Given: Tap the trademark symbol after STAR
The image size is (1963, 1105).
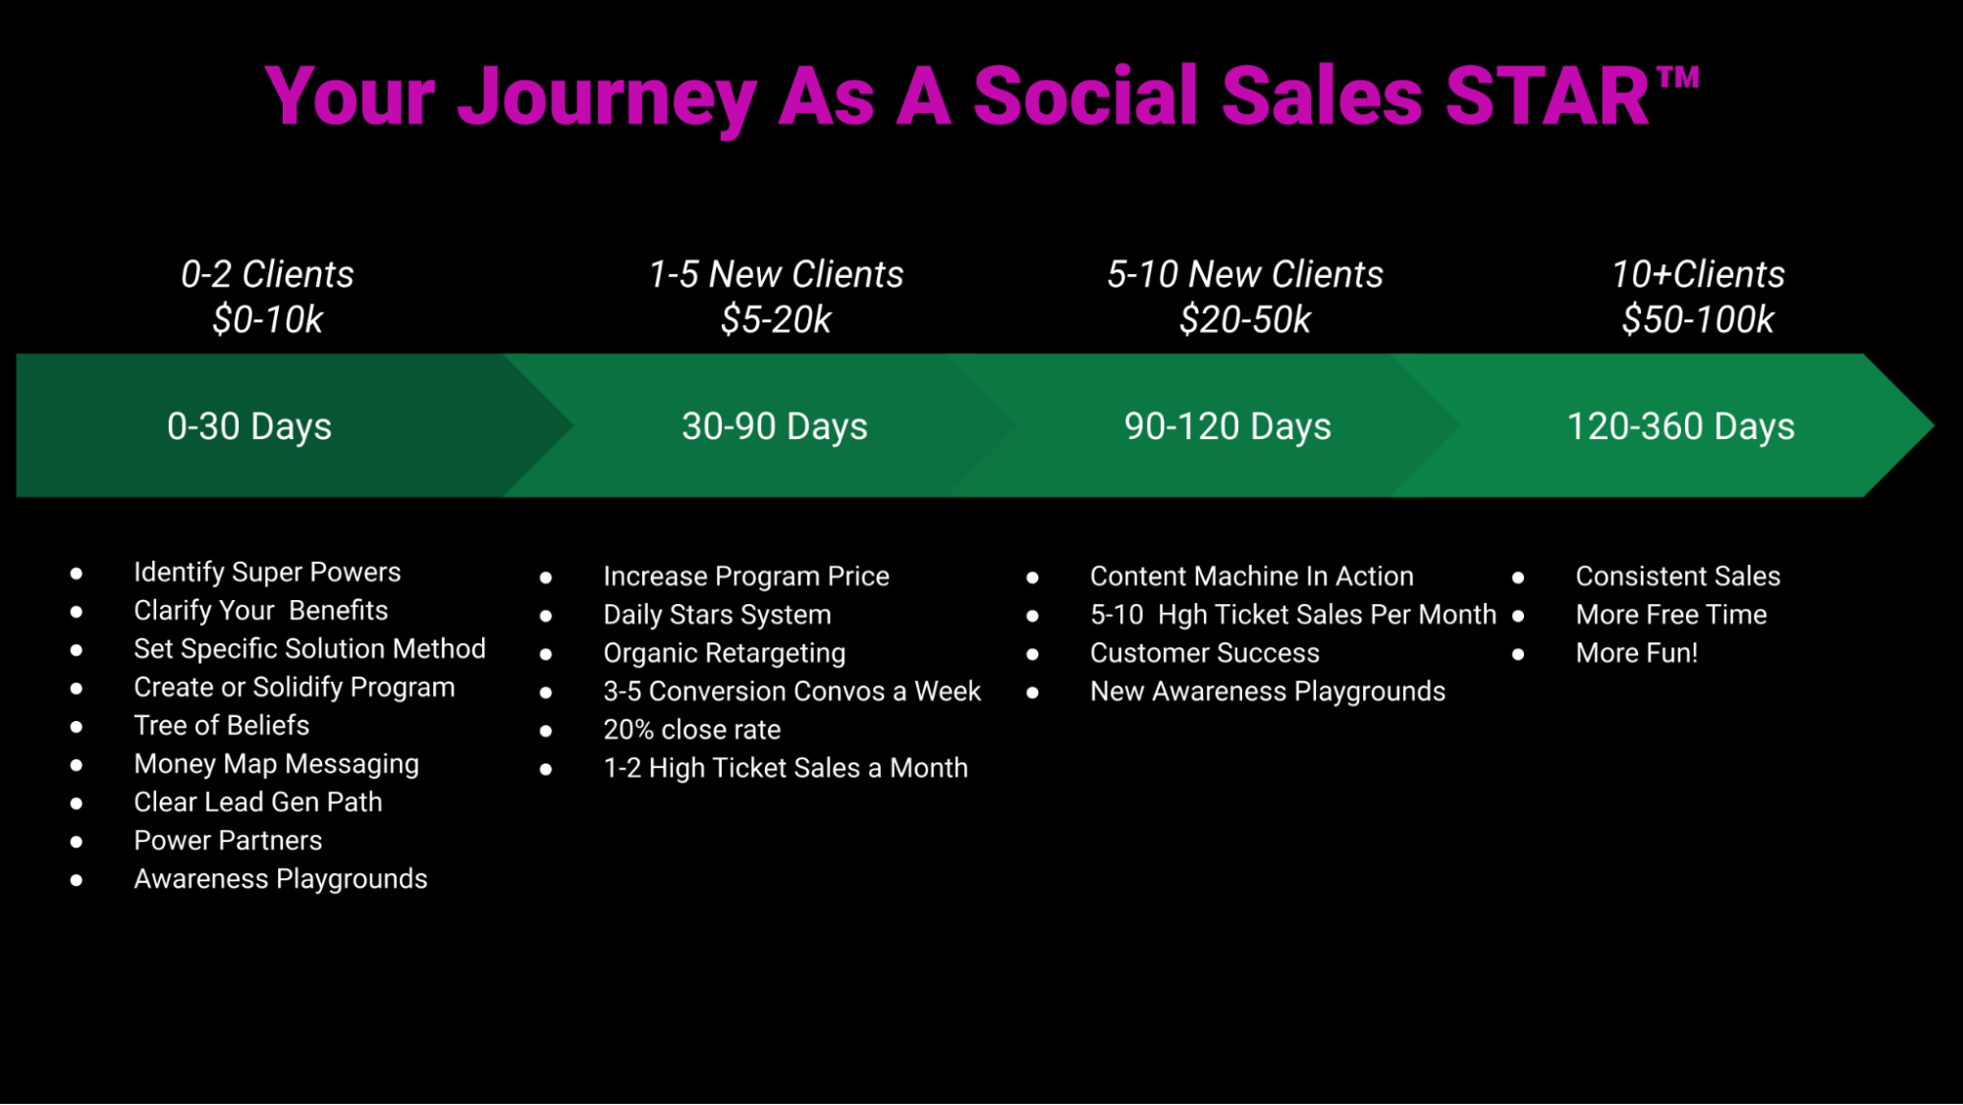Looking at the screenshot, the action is pyautogui.click(x=1678, y=78).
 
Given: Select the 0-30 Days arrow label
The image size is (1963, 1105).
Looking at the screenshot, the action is pyautogui.click(x=249, y=426).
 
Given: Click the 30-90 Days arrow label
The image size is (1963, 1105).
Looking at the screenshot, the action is pyautogui.click(x=775, y=426).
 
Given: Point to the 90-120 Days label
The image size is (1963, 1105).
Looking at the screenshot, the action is pyautogui.click(x=1227, y=426).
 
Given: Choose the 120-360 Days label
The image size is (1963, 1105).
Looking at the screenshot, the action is pyautogui.click(x=1680, y=426).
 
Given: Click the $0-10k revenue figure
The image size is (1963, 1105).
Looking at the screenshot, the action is pyautogui.click(x=267, y=319).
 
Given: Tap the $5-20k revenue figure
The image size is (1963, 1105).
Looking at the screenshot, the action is pyautogui.click(x=776, y=319).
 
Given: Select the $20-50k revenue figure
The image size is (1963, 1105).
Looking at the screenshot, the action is pyautogui.click(x=1245, y=319).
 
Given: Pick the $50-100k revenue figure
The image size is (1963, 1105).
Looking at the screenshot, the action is pyautogui.click(x=1698, y=319).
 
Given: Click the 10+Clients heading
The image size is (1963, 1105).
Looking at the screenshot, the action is pyautogui.click(x=1698, y=274).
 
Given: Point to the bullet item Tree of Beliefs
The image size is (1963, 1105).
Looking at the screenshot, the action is pyautogui.click(x=222, y=725).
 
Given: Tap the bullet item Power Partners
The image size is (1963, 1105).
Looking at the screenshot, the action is pyautogui.click(x=228, y=840).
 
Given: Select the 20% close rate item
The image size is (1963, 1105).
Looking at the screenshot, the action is pyautogui.click(x=692, y=729).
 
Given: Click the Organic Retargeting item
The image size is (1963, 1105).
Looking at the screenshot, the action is pyautogui.click(x=725, y=653).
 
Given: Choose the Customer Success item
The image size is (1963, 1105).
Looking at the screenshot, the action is pyautogui.click(x=1205, y=652).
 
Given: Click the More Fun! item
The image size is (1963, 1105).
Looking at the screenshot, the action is pyautogui.click(x=1637, y=652).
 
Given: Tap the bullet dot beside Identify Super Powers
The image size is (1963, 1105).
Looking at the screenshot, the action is pyautogui.click(x=77, y=573).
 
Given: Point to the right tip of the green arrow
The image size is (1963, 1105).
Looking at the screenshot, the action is pyautogui.click(x=1934, y=425).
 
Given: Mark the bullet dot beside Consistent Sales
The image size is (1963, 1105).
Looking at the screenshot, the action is pyautogui.click(x=1518, y=577).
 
